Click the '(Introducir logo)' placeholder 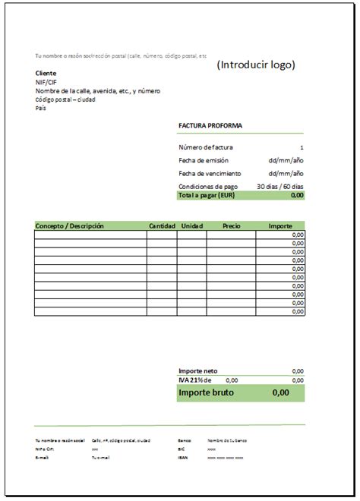255,65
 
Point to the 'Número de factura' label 206,147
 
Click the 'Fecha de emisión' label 204,160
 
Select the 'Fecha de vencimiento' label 210,173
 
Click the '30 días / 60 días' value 280,186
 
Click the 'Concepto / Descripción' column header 69,226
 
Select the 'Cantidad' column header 163,226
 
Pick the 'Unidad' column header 192,226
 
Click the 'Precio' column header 231,226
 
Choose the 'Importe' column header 281,226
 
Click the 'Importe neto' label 197,371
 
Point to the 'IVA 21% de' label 195,380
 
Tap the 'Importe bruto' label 206,393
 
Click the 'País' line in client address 41,108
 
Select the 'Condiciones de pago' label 208,186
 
